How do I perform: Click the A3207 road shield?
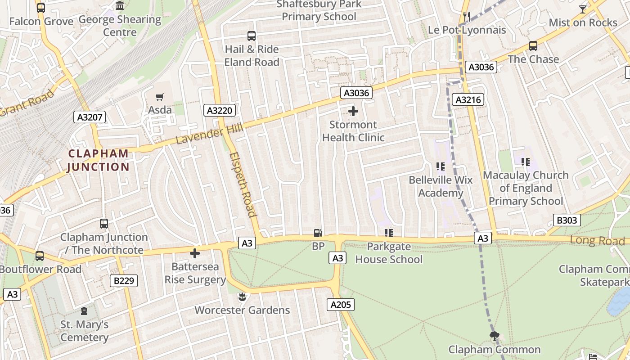pos(90,117)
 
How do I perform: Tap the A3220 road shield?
pos(220,110)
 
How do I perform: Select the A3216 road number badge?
pos(468,99)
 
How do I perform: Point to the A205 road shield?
pos(340,305)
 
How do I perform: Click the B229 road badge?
pos(124,281)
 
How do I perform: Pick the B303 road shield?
pos(567,220)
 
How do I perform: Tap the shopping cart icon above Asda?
pos(160,97)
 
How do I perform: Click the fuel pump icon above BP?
pos(318,233)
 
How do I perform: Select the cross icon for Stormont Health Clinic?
pos(353,111)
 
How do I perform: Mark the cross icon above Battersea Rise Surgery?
pos(195,253)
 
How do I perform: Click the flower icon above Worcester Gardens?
pos(242,297)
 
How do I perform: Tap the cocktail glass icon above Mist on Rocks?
pos(583,9)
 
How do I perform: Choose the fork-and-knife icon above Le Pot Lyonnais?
pos(467,17)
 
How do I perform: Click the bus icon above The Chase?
pos(533,46)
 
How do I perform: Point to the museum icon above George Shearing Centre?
pos(120,6)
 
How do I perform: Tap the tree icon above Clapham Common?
pos(495,336)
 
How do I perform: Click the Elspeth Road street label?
pos(243,184)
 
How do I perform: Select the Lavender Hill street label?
pos(209,134)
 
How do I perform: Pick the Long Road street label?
pos(597,240)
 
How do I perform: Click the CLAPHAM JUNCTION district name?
pos(98,160)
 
